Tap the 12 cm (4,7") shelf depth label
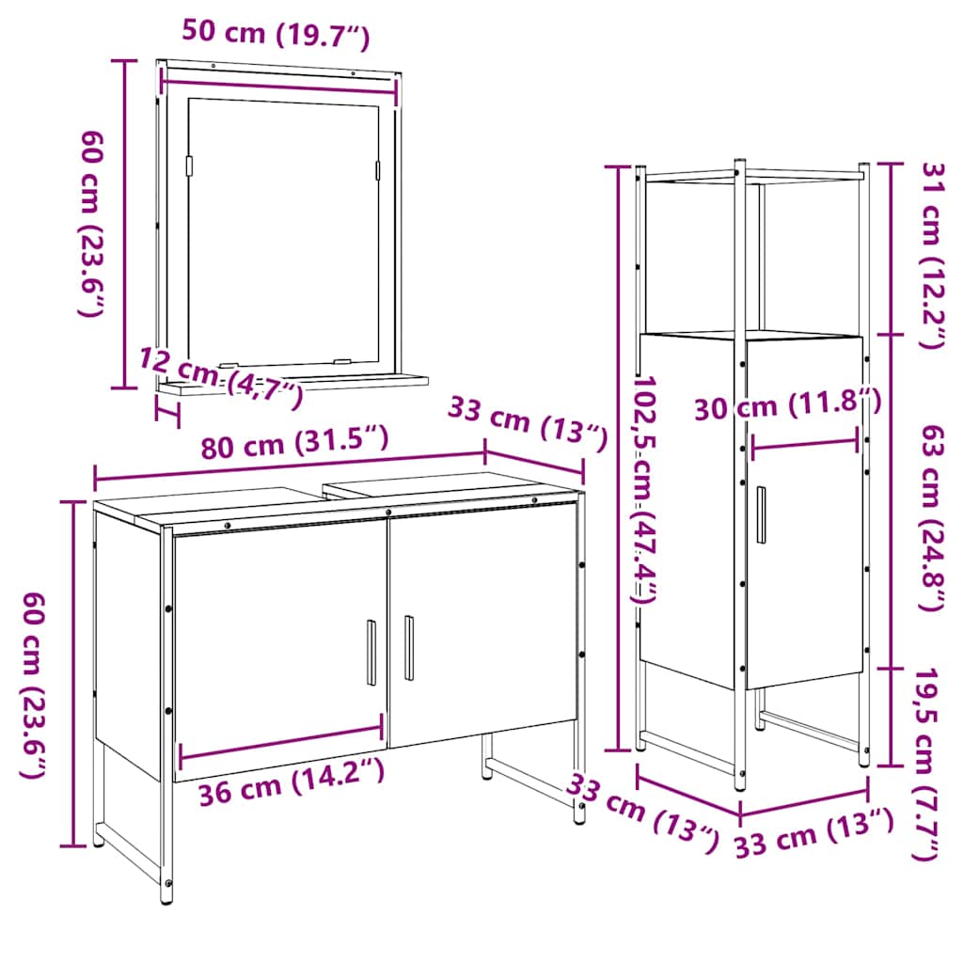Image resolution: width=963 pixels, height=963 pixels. tap(221, 377)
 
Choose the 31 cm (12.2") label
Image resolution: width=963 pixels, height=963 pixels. tap(931, 254)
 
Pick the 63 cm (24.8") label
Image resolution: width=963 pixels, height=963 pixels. tap(931, 517)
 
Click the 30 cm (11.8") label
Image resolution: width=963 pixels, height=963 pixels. tap(788, 407)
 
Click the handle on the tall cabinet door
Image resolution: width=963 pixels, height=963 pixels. tap(761, 514)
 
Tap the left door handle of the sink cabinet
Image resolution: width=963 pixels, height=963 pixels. tap(371, 654)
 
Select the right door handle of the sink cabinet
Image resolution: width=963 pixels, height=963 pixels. tap(409, 648)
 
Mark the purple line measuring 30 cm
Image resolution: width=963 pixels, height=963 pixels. tap(804, 442)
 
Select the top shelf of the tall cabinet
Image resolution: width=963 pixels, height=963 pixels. tap(752, 175)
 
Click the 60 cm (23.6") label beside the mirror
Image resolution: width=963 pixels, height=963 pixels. tap(90, 223)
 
